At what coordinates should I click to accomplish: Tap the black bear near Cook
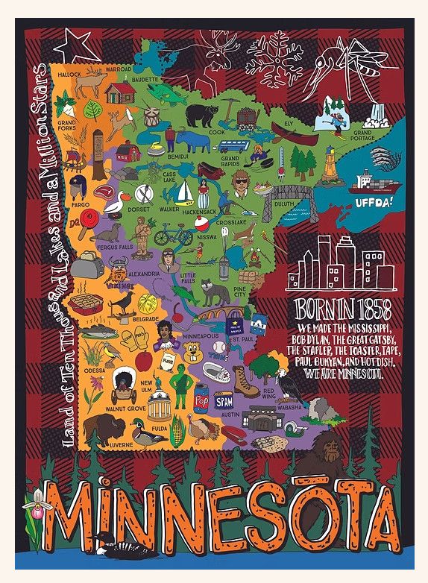(x=199, y=115)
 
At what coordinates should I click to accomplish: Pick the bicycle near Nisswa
(x=173, y=236)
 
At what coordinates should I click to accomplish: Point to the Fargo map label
(x=81, y=204)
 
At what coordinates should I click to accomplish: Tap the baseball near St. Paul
(x=218, y=347)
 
